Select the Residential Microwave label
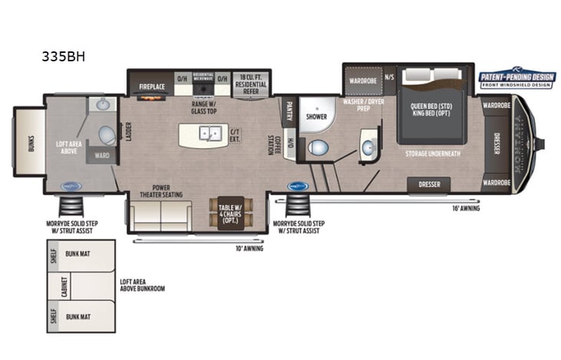(203, 78)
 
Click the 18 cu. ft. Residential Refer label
(250, 81)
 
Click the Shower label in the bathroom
(316, 117)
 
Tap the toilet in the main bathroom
(317, 147)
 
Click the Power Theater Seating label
(161, 190)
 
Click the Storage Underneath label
(433, 154)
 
